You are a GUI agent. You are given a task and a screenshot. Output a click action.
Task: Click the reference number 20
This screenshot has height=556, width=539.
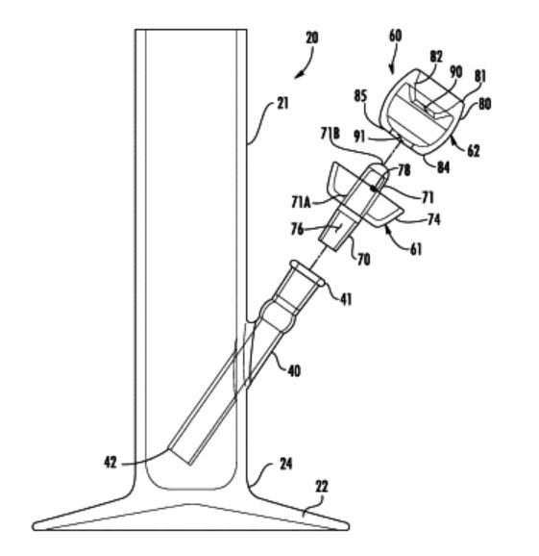pos(312,38)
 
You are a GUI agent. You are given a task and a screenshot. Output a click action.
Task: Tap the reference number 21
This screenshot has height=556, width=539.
pos(282,104)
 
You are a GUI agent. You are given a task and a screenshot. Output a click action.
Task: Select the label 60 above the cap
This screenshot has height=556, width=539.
pos(395,36)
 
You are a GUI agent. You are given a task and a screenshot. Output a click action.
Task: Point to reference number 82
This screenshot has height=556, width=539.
pos(436,57)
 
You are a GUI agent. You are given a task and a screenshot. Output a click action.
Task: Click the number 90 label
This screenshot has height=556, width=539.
pos(456,72)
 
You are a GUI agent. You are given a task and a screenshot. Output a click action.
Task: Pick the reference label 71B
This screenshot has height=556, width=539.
pos(331,134)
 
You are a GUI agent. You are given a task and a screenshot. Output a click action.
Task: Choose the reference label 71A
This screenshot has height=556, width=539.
pos(302,202)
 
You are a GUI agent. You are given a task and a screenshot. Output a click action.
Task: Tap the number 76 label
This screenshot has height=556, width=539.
pos(297,229)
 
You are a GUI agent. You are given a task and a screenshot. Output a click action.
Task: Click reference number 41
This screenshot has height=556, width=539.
pos(346,299)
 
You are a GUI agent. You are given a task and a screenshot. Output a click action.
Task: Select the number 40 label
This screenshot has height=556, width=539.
pos(294,371)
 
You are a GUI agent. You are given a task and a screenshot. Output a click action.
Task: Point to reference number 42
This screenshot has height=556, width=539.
pos(110,463)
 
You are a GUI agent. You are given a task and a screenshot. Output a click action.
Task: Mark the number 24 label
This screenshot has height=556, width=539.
pos(285,464)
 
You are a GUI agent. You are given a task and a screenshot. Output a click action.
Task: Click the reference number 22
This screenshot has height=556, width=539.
pos(322,487)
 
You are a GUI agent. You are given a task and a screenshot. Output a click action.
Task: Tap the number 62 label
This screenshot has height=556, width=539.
pos(474,151)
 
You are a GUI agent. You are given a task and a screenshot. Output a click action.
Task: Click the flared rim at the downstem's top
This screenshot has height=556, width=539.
pos(307,272)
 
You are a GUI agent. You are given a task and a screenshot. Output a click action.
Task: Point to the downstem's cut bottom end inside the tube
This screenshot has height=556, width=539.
pos(180,456)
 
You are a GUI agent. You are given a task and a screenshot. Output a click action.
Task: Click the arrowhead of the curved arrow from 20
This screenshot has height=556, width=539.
pos(298,75)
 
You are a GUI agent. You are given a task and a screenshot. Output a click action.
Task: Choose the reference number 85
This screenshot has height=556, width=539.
pos(360,96)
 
